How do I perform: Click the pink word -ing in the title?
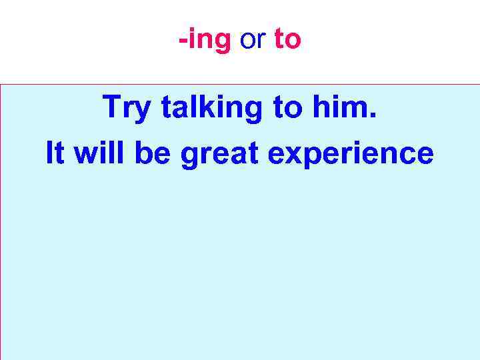click(x=204, y=41)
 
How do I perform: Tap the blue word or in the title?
click(x=252, y=41)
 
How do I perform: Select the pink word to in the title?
click(x=287, y=41)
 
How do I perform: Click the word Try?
click(x=127, y=107)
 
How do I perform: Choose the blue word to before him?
click(x=287, y=107)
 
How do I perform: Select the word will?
click(x=101, y=153)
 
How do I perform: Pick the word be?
click(x=151, y=153)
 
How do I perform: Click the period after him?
click(x=373, y=116)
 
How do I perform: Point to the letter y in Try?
click(x=142, y=111)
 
